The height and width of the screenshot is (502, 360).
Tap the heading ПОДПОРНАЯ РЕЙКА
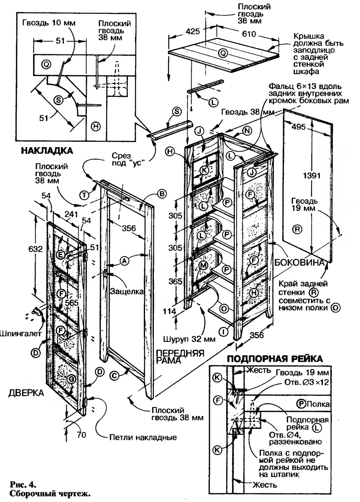[274, 359]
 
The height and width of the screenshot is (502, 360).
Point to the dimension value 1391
[310, 175]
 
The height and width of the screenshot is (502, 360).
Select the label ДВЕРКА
[25, 392]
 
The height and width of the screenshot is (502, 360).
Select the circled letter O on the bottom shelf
[224, 308]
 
